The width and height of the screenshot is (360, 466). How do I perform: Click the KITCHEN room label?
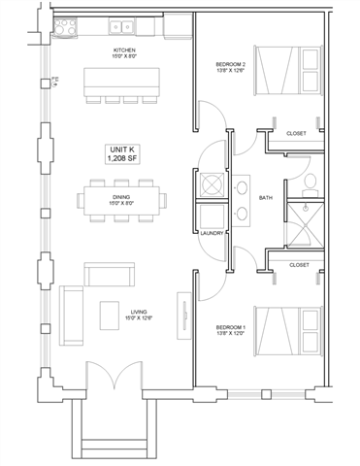pyautogui.click(x=124, y=50)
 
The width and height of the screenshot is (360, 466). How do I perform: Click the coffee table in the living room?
pyautogui.click(x=110, y=314)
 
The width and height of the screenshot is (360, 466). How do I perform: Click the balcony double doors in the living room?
pyautogui.click(x=109, y=378)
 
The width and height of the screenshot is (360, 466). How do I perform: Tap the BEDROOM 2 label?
pyautogui.click(x=231, y=67)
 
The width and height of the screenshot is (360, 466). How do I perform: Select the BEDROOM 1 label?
pyautogui.click(x=231, y=330)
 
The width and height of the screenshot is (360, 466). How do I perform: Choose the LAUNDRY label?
pyautogui.click(x=213, y=233)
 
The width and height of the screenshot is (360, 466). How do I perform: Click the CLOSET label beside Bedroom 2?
pyautogui.click(x=298, y=133)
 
